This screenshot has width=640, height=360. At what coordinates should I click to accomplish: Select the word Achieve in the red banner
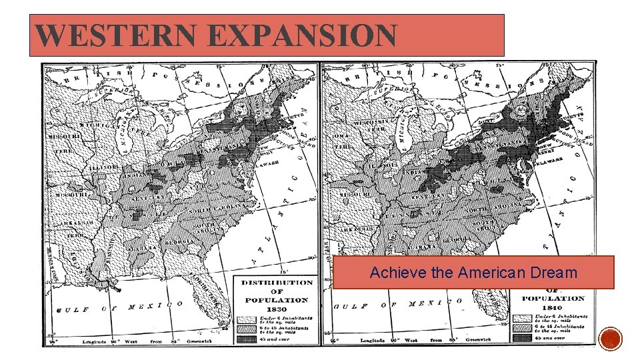pyautogui.click(x=391, y=273)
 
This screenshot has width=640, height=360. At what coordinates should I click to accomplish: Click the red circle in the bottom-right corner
pyautogui.click(x=611, y=339)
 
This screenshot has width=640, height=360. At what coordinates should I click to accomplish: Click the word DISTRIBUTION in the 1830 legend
pyautogui.click(x=277, y=283)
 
